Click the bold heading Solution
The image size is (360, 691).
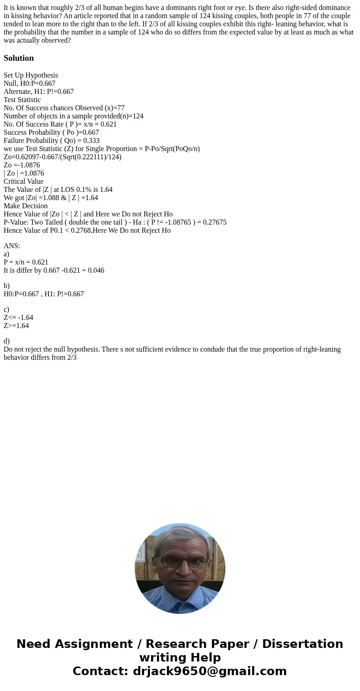click(x=19, y=58)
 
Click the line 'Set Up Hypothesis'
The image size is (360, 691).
click(x=31, y=75)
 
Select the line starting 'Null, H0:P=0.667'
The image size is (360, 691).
click(x=29, y=83)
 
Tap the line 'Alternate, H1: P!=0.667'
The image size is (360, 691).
click(x=39, y=92)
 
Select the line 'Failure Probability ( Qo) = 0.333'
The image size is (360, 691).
click(x=52, y=141)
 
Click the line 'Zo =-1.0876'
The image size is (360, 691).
click(x=22, y=165)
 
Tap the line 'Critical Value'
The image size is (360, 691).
click(x=24, y=181)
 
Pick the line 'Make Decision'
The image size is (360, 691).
click(x=26, y=206)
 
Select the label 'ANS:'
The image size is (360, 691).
click(x=12, y=246)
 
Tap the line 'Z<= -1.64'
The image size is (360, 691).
click(x=18, y=318)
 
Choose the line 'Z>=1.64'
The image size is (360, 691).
click(x=16, y=326)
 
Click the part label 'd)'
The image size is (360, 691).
click(x=7, y=341)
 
